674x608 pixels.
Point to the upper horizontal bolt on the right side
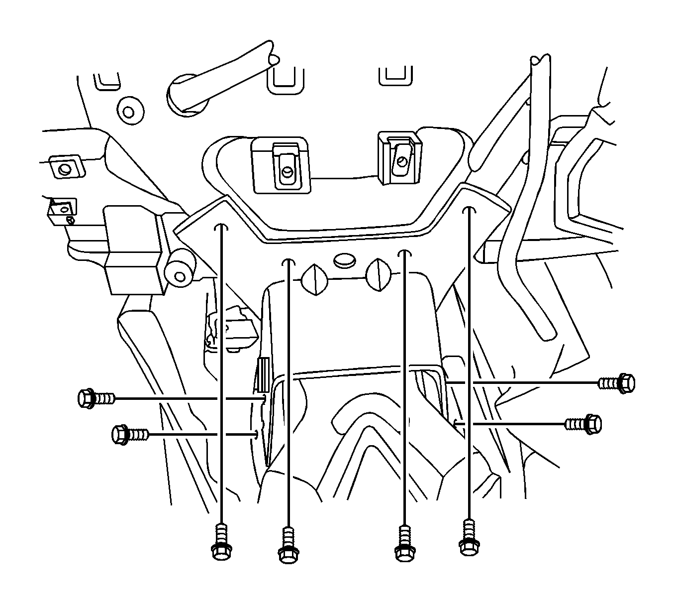[x=617, y=382]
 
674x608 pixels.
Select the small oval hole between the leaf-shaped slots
[x=343, y=259]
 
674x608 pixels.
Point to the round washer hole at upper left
[x=131, y=111]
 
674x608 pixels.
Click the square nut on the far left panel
[x=64, y=168]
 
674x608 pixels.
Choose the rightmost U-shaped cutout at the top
[x=395, y=75]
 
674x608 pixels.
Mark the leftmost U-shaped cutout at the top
[x=107, y=81]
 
